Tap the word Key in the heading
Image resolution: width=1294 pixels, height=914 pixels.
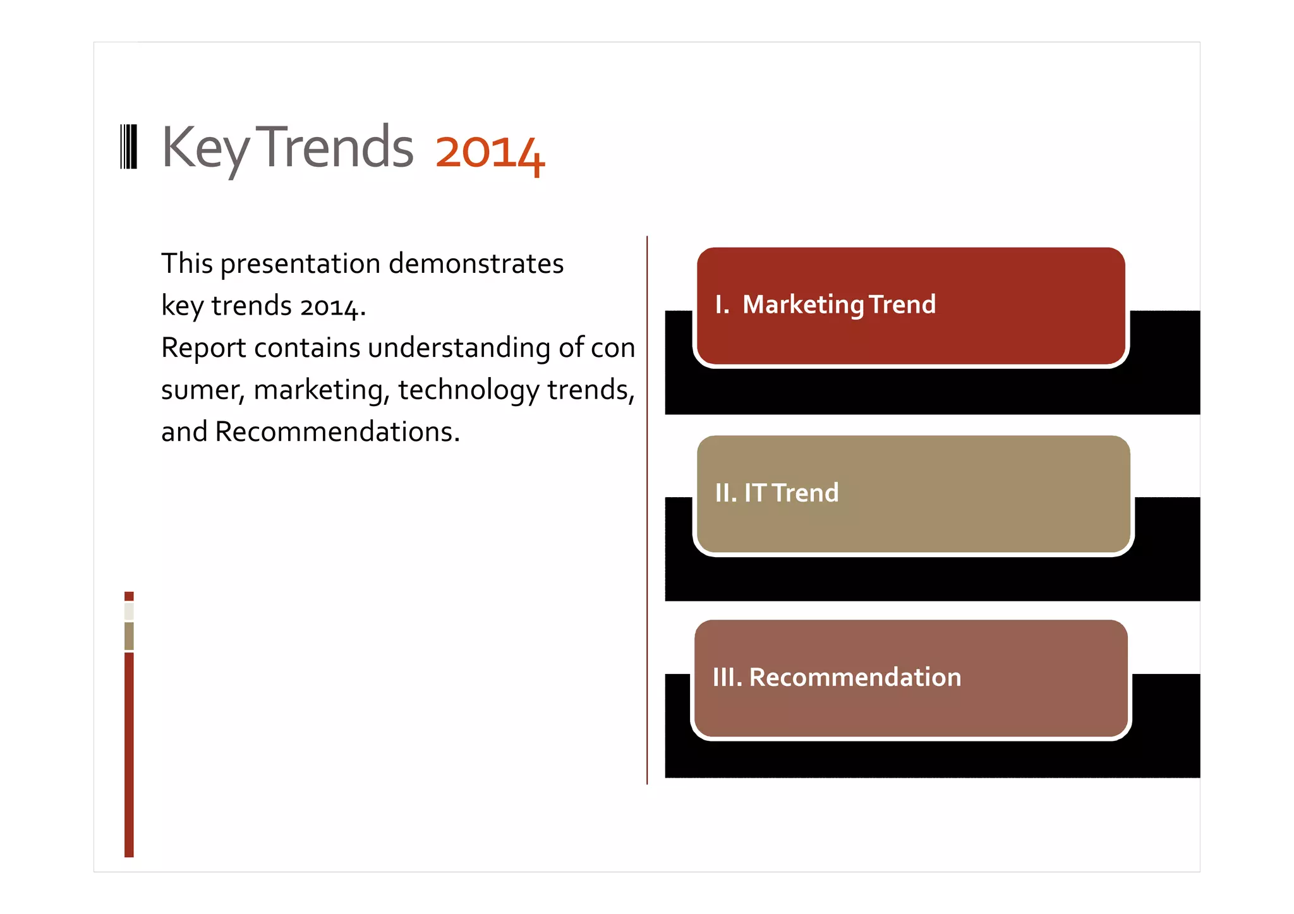pos(205,148)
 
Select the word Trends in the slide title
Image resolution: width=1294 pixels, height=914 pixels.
pos(337,147)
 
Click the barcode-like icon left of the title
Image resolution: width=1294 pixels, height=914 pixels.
pos(128,147)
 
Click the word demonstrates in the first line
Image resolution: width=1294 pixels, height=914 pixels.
pos(476,263)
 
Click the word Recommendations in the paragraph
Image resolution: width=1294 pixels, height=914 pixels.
pos(336,432)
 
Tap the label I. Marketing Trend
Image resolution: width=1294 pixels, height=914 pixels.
pos(825,304)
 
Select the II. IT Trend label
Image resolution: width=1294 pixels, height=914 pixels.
pos(777,493)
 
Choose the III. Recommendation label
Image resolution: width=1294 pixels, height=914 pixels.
pos(837,677)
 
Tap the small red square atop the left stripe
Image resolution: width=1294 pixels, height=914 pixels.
pos(129,596)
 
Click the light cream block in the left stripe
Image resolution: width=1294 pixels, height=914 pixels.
pos(129,611)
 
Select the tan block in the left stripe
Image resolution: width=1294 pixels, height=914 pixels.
pos(129,636)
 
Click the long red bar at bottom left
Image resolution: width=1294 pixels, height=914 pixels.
pos(129,754)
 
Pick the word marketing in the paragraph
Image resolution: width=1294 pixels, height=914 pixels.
pos(321,390)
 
